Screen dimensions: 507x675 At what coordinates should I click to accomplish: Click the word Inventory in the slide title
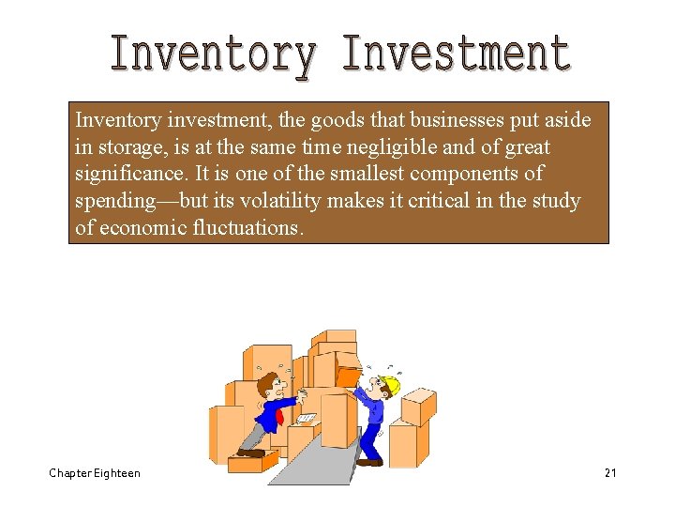[x=212, y=54]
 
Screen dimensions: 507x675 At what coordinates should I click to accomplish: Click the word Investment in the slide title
[x=457, y=54]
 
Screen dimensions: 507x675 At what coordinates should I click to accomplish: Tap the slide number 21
[x=610, y=473]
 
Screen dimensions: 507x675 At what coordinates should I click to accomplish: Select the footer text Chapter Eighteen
[x=95, y=473]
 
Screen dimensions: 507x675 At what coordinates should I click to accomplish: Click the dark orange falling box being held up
[x=349, y=376]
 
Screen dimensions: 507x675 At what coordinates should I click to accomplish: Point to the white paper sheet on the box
[x=307, y=418]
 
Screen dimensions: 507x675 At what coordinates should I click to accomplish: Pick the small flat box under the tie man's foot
[x=256, y=461]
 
